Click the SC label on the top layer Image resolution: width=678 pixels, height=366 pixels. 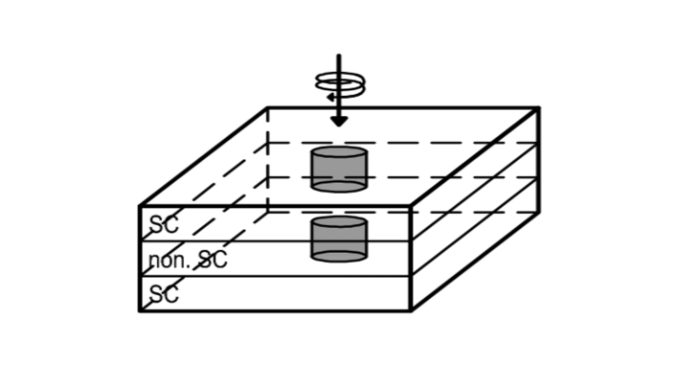click(x=164, y=225)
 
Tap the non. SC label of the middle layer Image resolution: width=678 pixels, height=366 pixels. click(x=188, y=260)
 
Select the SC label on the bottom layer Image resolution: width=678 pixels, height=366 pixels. click(x=164, y=295)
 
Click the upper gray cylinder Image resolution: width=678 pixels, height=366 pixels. click(x=339, y=170)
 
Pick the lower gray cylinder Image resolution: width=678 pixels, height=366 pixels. click(x=339, y=240)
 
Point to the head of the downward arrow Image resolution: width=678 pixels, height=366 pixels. click(x=338, y=121)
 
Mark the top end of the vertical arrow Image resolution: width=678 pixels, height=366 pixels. click(x=338, y=56)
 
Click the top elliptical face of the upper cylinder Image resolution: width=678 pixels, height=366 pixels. click(x=339, y=152)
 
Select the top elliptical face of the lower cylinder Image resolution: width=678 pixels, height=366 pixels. click(x=339, y=222)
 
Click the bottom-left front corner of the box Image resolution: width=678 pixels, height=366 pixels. click(x=140, y=311)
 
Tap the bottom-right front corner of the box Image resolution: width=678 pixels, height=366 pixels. click(x=411, y=311)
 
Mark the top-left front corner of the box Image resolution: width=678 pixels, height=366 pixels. click(x=140, y=206)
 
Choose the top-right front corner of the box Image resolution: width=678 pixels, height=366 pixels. click(x=411, y=206)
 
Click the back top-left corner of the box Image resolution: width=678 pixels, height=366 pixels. click(x=268, y=107)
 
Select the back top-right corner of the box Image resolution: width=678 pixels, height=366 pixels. click(x=539, y=107)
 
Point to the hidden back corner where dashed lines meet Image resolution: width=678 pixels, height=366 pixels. click(x=268, y=212)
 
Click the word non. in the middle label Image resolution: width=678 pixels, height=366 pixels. click(x=166, y=260)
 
